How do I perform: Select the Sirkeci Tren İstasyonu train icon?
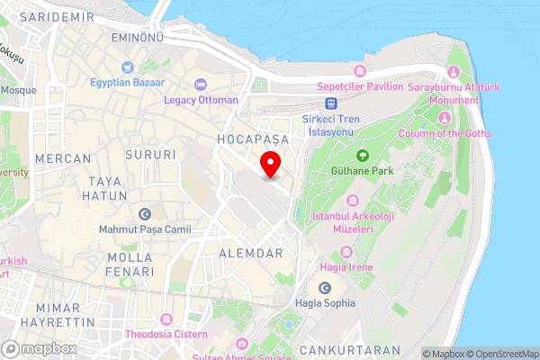coord(331,103)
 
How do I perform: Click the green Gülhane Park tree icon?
coord(364,155)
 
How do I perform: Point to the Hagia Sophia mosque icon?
coord(325,288)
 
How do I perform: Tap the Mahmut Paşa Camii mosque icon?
coord(145,214)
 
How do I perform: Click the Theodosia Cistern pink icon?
coord(166,319)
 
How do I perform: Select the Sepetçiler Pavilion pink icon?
coord(360,71)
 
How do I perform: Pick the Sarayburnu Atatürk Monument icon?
coord(454,72)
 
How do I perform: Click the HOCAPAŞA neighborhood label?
coord(251,140)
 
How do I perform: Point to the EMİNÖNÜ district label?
coord(136,38)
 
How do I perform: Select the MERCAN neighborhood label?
coord(63,158)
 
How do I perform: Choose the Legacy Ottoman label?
coord(201,100)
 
